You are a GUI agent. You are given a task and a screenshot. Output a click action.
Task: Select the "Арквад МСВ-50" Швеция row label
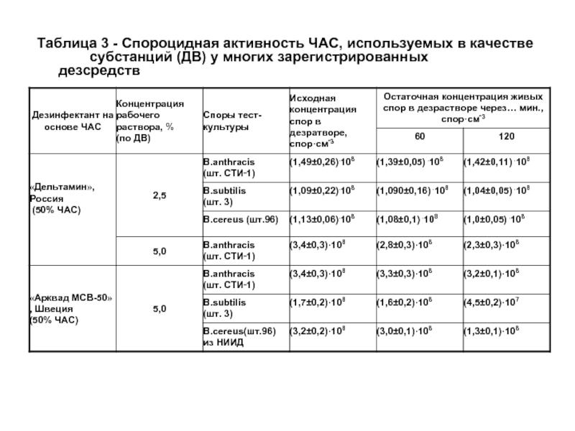pos(70,308)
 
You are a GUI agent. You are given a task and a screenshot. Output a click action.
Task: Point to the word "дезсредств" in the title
pos(94,73)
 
